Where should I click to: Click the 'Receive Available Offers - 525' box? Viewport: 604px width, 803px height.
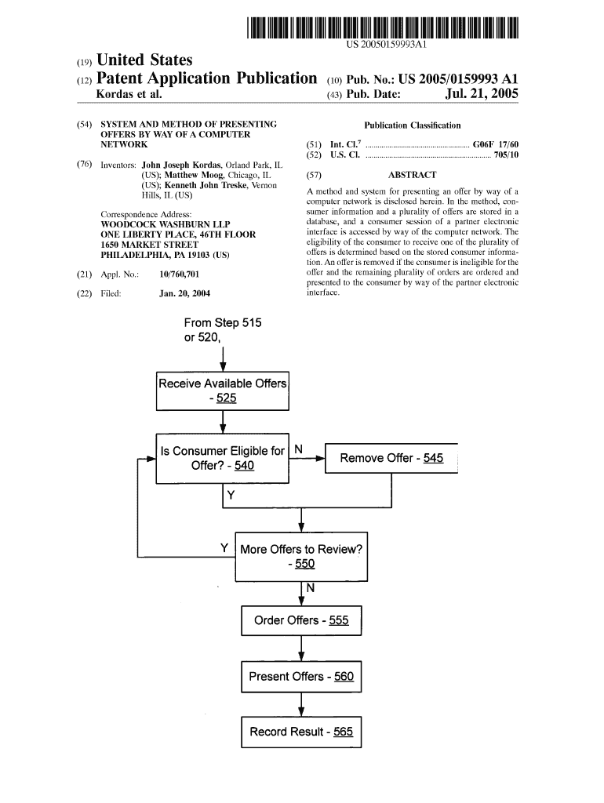pyautogui.click(x=223, y=391)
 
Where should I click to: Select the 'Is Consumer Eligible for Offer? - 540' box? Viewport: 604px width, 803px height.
pyautogui.click(x=223, y=458)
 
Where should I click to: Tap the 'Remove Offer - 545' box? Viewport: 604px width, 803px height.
pyautogui.click(x=391, y=458)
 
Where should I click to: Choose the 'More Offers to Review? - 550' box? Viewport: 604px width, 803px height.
pyautogui.click(x=301, y=556)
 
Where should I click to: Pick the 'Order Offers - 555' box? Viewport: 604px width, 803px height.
pyautogui.click(x=301, y=620)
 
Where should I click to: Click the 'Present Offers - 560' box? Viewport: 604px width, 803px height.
pyautogui.click(x=301, y=676)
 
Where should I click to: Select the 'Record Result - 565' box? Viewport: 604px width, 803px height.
pyautogui.click(x=301, y=732)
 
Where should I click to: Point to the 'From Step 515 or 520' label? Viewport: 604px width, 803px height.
pyautogui.click(x=223, y=330)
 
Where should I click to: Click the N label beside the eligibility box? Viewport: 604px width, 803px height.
pyautogui.click(x=298, y=449)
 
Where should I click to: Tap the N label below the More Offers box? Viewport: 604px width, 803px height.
pyautogui.click(x=311, y=587)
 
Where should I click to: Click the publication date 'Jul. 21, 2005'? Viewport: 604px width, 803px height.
pyautogui.click(x=482, y=95)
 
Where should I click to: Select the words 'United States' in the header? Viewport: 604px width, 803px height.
pyautogui.click(x=144, y=60)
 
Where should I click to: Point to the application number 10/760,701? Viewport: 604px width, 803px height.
pyautogui.click(x=178, y=274)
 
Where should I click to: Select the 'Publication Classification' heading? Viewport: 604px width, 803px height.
pyautogui.click(x=413, y=125)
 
